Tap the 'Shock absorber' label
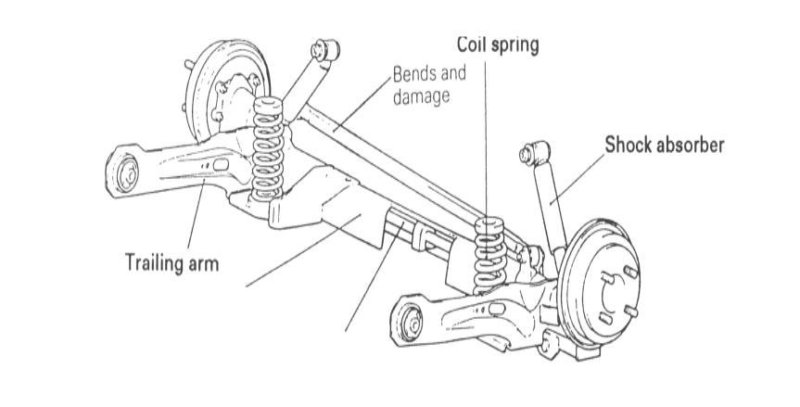coord(664,145)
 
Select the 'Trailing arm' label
coord(172,262)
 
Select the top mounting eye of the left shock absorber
coord(324,49)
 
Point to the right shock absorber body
coord(551,209)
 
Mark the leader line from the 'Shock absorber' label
coord(579,175)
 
